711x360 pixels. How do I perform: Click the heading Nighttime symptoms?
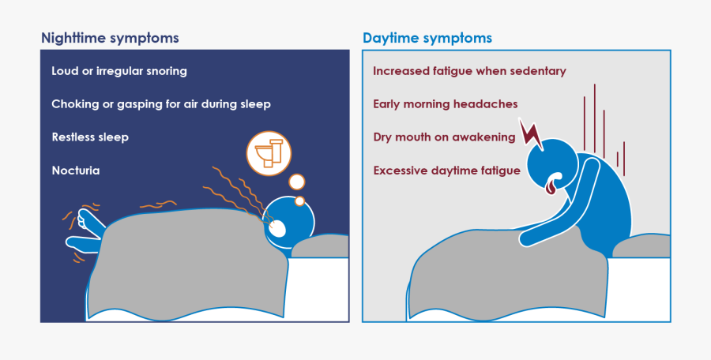[x=110, y=38]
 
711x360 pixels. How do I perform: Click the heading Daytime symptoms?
[x=427, y=38]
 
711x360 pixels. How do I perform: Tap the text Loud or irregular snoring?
[x=119, y=71]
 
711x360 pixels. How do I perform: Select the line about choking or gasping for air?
[x=161, y=104]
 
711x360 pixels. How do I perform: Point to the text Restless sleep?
[x=90, y=137]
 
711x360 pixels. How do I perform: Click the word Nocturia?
[x=76, y=171]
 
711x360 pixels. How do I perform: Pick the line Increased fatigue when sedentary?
[x=469, y=71]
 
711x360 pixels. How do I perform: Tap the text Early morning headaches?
[x=446, y=104]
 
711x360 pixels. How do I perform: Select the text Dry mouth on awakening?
[x=444, y=137]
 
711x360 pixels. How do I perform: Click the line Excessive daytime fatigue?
[x=446, y=171]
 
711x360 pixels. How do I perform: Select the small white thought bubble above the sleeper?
[x=296, y=182]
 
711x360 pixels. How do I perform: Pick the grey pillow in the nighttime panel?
[x=320, y=246]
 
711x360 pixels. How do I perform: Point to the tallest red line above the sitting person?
[x=594, y=118]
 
